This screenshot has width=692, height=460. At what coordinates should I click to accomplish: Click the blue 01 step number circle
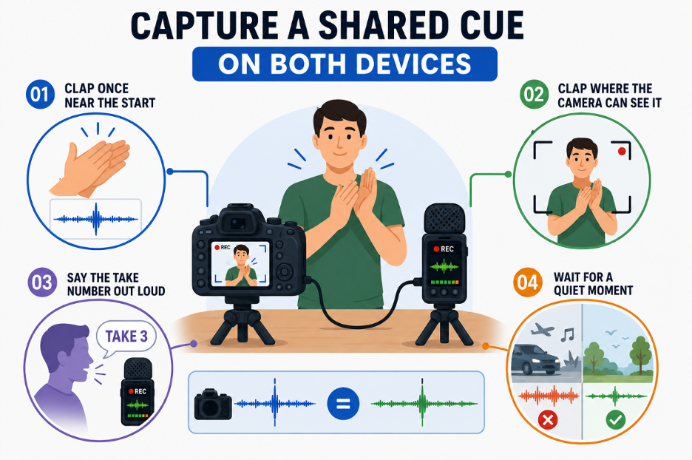(x=40, y=95)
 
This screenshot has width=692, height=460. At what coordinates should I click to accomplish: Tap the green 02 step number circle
(x=534, y=95)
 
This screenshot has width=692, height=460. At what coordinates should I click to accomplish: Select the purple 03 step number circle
(x=42, y=283)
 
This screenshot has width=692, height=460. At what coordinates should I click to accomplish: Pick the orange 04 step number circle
(x=527, y=282)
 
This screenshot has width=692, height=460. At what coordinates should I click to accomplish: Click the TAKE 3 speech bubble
(x=126, y=337)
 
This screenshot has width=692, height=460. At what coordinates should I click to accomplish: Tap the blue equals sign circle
(x=343, y=404)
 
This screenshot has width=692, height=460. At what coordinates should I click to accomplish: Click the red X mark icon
(x=548, y=420)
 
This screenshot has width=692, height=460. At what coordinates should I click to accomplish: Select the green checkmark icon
(x=615, y=420)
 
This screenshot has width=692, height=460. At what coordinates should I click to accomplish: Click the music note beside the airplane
(x=568, y=335)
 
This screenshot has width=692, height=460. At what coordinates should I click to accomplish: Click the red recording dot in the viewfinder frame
(x=622, y=152)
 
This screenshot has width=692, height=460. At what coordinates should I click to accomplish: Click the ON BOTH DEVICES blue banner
(x=345, y=64)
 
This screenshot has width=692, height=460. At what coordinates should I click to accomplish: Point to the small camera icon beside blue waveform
(x=213, y=404)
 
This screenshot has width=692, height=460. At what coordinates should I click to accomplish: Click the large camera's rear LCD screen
(x=240, y=264)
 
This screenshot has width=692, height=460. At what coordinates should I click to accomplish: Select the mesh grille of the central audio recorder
(x=444, y=218)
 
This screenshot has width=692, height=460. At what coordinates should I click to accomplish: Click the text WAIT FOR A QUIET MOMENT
(x=593, y=283)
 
